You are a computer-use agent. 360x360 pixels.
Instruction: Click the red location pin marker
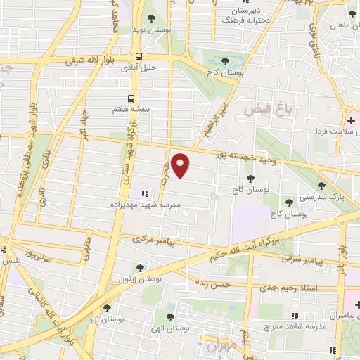(x=181, y=166)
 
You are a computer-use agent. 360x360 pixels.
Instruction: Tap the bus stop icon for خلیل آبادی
(x=139, y=57)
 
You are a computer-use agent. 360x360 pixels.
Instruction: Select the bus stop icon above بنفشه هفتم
(x=131, y=98)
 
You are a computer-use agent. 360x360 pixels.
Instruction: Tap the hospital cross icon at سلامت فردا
(x=351, y=122)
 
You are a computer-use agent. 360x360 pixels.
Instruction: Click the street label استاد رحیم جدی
(x=288, y=288)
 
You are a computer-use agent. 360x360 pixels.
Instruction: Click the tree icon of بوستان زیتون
(x=141, y=267)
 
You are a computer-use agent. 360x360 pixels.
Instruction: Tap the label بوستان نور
(x=107, y=319)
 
